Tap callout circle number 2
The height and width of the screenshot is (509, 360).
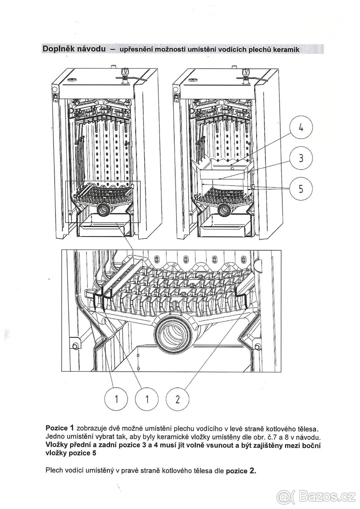click(x=178, y=399)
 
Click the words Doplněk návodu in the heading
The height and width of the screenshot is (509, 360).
click(x=73, y=48)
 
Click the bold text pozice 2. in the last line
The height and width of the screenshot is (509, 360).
click(x=241, y=471)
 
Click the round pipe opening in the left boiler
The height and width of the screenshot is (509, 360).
click(x=103, y=208)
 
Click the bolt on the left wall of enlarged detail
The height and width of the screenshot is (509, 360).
click(x=75, y=345)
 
